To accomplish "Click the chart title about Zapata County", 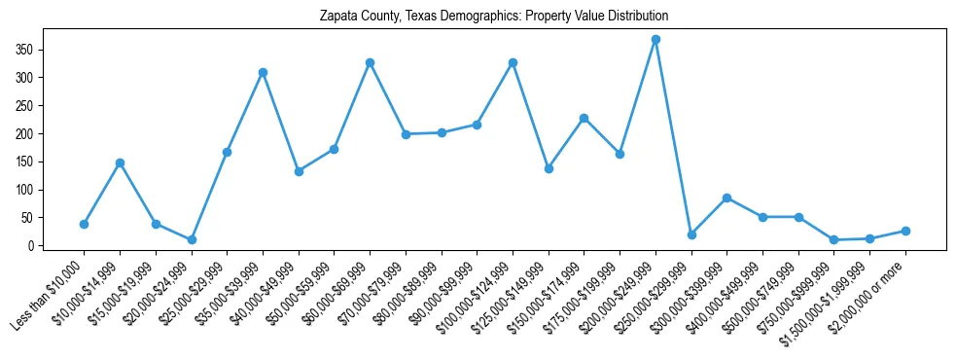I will point(494,17).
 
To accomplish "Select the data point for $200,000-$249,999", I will point(655,40).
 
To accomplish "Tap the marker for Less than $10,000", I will point(84,224).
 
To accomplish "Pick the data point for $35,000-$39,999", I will point(263,72).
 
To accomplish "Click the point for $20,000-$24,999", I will point(192,239).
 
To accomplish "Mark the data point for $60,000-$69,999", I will point(370,62).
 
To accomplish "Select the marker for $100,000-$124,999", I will point(513,62).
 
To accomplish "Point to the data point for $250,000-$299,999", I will point(691,234).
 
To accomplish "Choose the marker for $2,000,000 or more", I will point(905,231).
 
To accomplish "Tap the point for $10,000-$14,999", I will point(120,162).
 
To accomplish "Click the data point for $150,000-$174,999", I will point(584,118).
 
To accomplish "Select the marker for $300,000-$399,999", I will point(726,198).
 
